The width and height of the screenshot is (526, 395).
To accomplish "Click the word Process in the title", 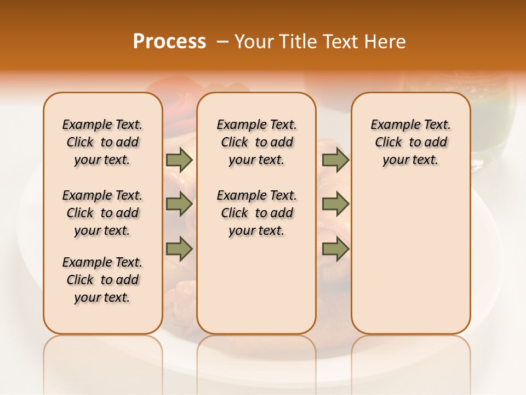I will (x=169, y=42).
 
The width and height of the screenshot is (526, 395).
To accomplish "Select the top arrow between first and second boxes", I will (x=179, y=160).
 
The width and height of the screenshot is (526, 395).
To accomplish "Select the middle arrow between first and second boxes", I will (x=179, y=205).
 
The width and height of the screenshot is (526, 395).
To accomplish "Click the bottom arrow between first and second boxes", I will (x=179, y=249).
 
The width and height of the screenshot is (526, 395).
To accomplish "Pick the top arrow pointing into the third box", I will (x=335, y=160).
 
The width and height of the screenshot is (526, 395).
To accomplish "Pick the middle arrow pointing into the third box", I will (x=335, y=205).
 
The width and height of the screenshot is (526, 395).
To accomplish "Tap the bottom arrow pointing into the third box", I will (x=335, y=249).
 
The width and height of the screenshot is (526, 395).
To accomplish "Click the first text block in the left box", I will (x=102, y=142).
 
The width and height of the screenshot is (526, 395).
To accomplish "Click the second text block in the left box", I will (x=102, y=213).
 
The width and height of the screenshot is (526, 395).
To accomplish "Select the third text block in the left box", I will (x=102, y=280).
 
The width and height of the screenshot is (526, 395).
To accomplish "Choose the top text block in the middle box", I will (x=256, y=142).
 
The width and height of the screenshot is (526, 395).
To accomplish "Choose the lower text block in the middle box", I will (x=256, y=213).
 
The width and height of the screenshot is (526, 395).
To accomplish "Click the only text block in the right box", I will (x=410, y=142).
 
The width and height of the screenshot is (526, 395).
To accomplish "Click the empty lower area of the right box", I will (x=410, y=258).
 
